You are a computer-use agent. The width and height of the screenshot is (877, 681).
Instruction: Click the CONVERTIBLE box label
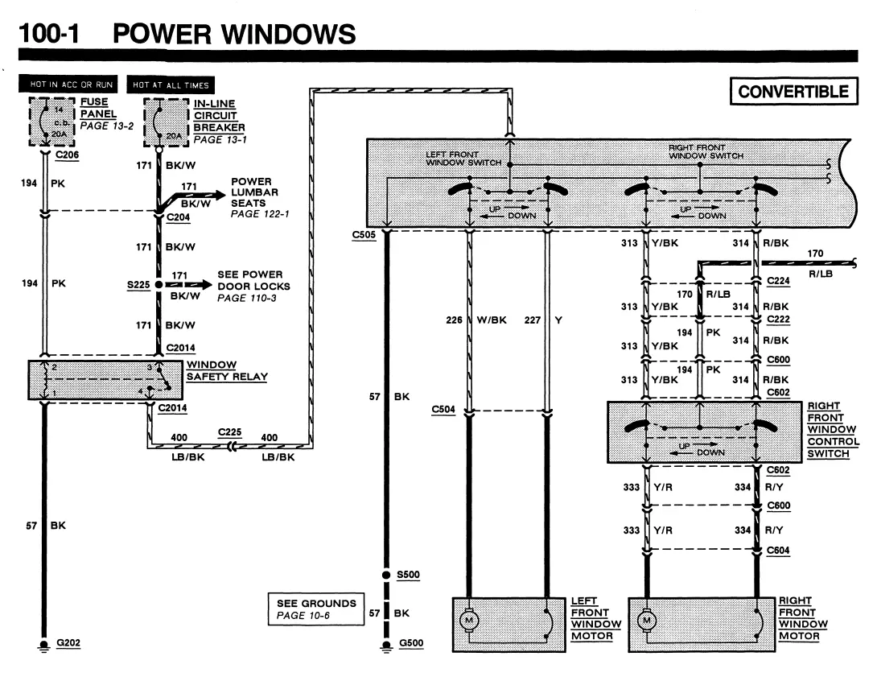click(793, 91)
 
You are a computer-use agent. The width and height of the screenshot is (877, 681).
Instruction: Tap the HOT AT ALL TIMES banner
click(171, 85)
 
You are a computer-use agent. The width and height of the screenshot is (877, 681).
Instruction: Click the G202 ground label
click(68, 643)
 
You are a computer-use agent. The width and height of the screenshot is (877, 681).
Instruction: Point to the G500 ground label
click(411, 643)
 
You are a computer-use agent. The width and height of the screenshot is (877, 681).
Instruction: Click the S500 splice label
click(408, 575)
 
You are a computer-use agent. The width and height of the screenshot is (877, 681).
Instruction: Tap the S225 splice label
click(138, 285)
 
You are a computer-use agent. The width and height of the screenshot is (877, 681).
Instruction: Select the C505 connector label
click(364, 235)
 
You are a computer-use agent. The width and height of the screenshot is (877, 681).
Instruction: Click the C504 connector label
click(443, 410)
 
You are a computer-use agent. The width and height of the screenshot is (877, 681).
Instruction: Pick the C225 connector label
click(230, 432)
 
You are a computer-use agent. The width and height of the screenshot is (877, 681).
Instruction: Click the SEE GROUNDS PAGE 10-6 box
click(316, 609)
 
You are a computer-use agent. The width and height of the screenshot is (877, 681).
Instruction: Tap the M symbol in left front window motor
click(469, 620)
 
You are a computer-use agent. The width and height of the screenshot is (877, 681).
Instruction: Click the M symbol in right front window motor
click(647, 620)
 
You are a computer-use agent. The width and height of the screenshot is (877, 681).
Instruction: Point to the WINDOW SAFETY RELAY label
click(227, 370)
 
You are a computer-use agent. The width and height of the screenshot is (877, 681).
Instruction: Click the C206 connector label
click(67, 155)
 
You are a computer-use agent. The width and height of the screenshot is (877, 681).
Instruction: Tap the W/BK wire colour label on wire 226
click(492, 320)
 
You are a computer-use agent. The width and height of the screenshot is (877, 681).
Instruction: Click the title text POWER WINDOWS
click(234, 34)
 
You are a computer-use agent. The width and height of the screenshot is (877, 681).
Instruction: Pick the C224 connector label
click(779, 281)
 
